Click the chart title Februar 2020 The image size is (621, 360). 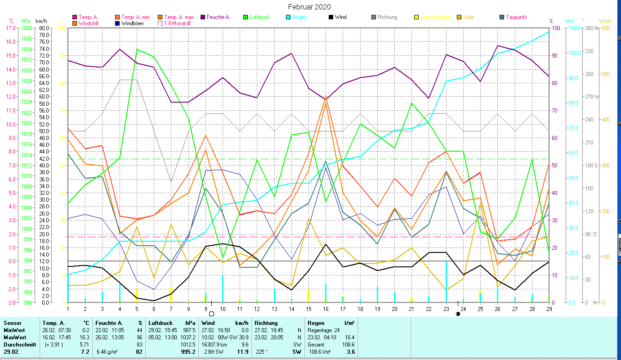point(309,7)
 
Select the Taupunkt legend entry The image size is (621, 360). point(516,17)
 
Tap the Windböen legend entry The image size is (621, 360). point(132,23)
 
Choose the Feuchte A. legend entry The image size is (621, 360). point(218,17)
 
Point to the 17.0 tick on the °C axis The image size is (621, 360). point(10,28)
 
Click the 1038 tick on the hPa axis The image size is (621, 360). point(27,28)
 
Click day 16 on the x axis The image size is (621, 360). point(326,308)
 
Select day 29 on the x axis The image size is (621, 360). point(549,308)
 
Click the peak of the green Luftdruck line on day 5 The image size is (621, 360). point(137,49)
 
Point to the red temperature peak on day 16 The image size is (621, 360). point(326,96)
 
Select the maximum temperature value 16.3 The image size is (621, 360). point(85,337)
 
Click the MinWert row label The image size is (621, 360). point(14,330)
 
